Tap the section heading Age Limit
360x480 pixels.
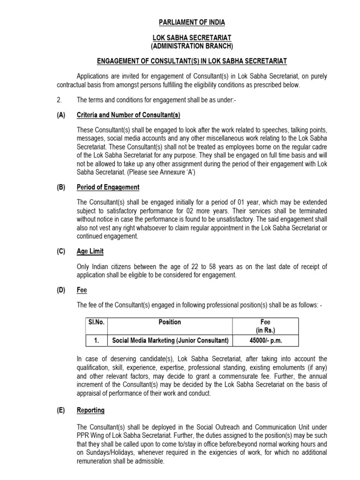tap(90, 251)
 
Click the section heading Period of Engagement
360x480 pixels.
tap(108, 187)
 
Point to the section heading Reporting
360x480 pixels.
tap(90, 410)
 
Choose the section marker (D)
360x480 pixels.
tap(61, 290)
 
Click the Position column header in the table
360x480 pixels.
tap(170, 322)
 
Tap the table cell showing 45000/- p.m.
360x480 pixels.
tap(265, 341)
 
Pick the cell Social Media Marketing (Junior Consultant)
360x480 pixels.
tap(170, 341)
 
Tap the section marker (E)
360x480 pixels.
tap(61, 410)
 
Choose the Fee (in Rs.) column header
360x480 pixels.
tap(265, 326)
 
